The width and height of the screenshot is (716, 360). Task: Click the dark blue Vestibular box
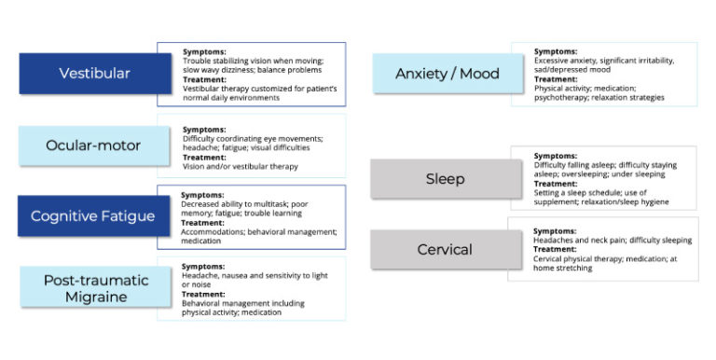tap(95, 73)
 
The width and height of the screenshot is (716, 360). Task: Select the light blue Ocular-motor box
tap(95, 145)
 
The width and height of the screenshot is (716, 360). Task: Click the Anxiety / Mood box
tap(447, 73)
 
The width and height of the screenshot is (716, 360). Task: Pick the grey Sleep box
tap(445, 178)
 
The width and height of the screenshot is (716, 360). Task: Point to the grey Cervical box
tap(445, 249)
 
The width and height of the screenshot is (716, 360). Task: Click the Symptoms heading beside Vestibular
tap(204, 52)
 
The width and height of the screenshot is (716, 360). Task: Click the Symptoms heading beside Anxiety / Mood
tap(556, 51)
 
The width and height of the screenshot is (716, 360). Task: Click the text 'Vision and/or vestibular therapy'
tap(240, 167)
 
